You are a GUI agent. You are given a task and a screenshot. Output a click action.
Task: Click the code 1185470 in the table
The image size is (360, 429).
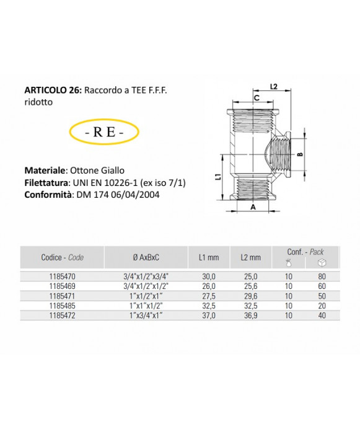62,276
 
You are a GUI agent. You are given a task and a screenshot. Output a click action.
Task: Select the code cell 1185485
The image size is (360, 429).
62,306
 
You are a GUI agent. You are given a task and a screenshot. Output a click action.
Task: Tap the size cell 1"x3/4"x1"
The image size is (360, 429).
146,316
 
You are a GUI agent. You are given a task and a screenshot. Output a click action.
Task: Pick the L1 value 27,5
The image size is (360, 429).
209,296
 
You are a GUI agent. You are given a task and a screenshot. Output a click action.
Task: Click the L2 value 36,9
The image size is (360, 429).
250,316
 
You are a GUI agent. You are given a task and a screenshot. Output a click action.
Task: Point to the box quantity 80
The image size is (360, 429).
322,276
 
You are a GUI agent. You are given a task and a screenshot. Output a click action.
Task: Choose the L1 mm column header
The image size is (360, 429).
209,257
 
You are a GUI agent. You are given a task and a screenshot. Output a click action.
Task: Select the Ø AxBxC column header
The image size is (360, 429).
146,257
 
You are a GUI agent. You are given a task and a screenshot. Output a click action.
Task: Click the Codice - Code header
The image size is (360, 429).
63,257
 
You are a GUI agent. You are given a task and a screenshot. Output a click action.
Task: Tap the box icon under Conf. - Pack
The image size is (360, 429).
322,263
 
